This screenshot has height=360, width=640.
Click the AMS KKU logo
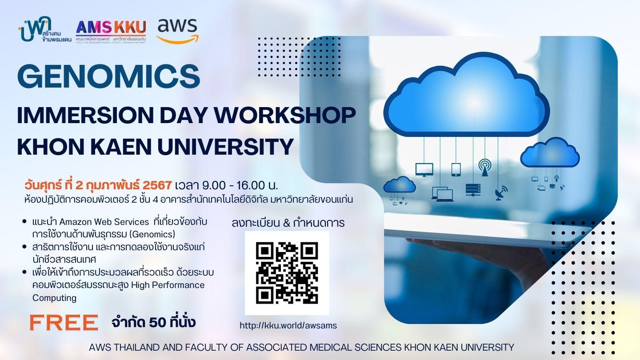tap(111, 32)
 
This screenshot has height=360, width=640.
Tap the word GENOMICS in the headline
tap(108, 76)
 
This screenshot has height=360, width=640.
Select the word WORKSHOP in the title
tap(285, 115)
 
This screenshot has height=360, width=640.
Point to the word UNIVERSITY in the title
tap(225, 147)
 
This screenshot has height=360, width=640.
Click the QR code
tap(287, 273)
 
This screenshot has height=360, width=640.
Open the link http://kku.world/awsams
tap(288, 325)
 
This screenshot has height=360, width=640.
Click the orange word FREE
tap(64, 323)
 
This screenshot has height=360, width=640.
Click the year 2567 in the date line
tap(157, 185)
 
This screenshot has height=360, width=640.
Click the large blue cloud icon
tap(466, 96)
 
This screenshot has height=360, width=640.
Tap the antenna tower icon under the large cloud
tap(485, 168)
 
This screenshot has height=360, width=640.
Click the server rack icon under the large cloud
tap(473, 189)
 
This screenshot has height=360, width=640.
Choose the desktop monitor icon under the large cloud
tap(424, 170)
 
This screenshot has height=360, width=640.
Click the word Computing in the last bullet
tap(54, 298)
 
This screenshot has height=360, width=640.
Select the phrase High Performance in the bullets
tap(168, 285)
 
